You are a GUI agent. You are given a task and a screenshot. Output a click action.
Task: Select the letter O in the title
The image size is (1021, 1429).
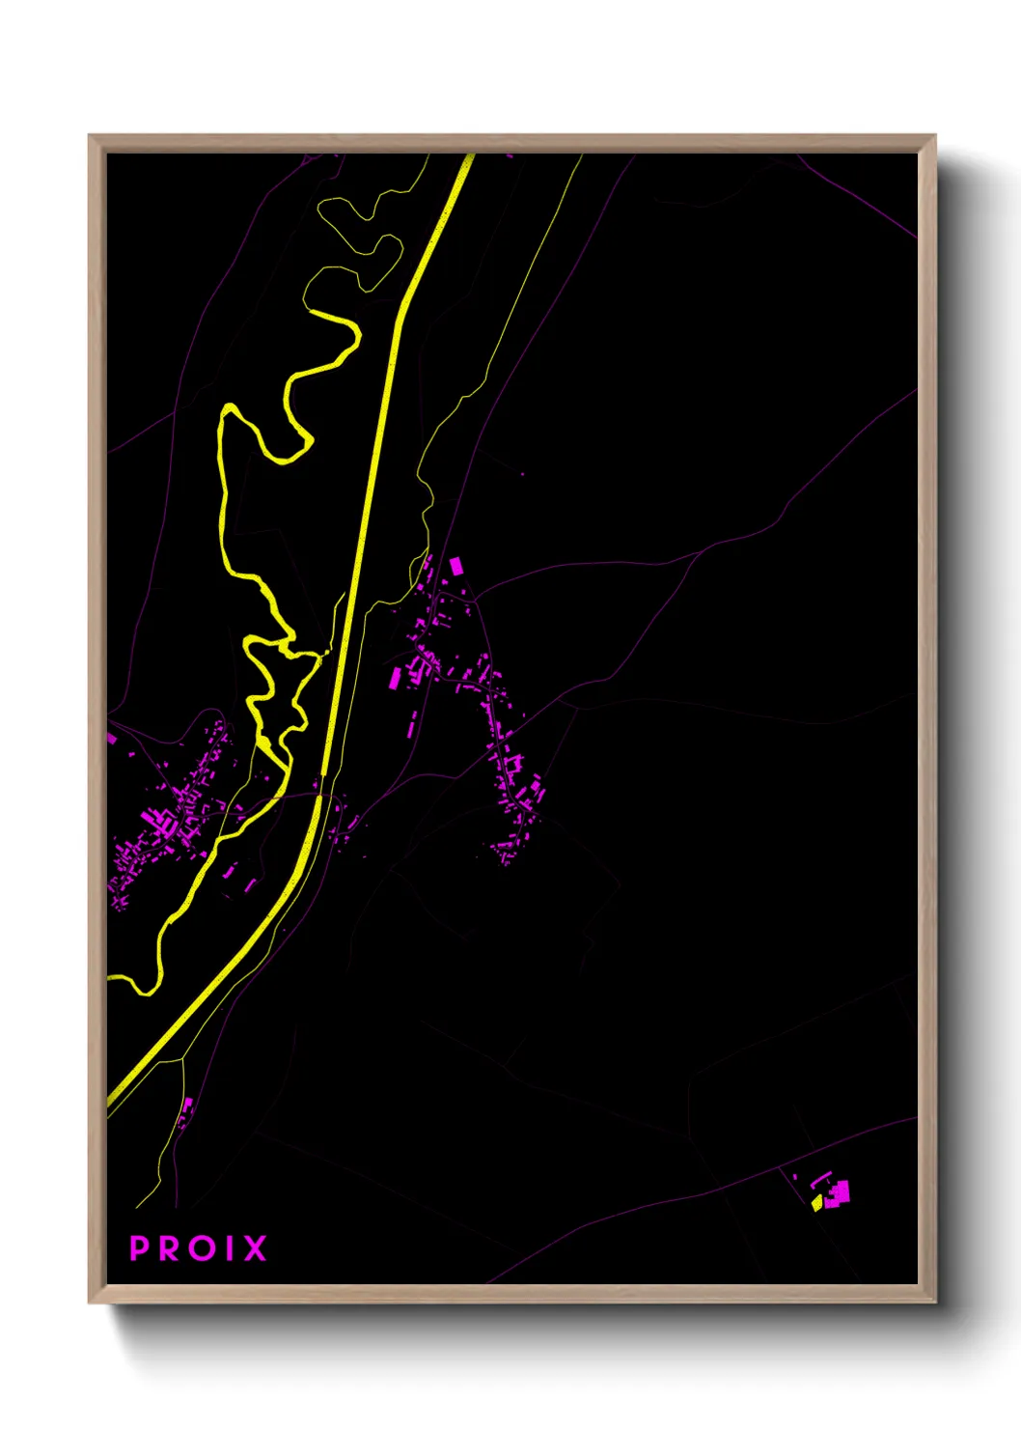point(201,1248)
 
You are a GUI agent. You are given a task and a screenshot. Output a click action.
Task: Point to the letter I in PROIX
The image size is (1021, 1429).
point(228,1248)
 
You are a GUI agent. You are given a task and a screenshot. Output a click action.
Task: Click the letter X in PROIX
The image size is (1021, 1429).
point(254,1248)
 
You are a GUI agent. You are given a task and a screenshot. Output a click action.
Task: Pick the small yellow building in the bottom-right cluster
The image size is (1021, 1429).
point(816,1202)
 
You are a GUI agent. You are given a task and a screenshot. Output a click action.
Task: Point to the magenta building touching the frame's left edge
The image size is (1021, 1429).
point(111,738)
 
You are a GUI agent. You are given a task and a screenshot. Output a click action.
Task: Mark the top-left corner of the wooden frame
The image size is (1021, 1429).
point(91,136)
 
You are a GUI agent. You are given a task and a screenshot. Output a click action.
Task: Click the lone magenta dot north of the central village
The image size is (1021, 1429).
point(522,474)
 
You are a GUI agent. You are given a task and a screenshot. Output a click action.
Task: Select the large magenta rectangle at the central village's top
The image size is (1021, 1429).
point(455,566)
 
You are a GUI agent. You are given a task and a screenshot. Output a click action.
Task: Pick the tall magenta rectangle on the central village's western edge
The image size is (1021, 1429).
point(395,678)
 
